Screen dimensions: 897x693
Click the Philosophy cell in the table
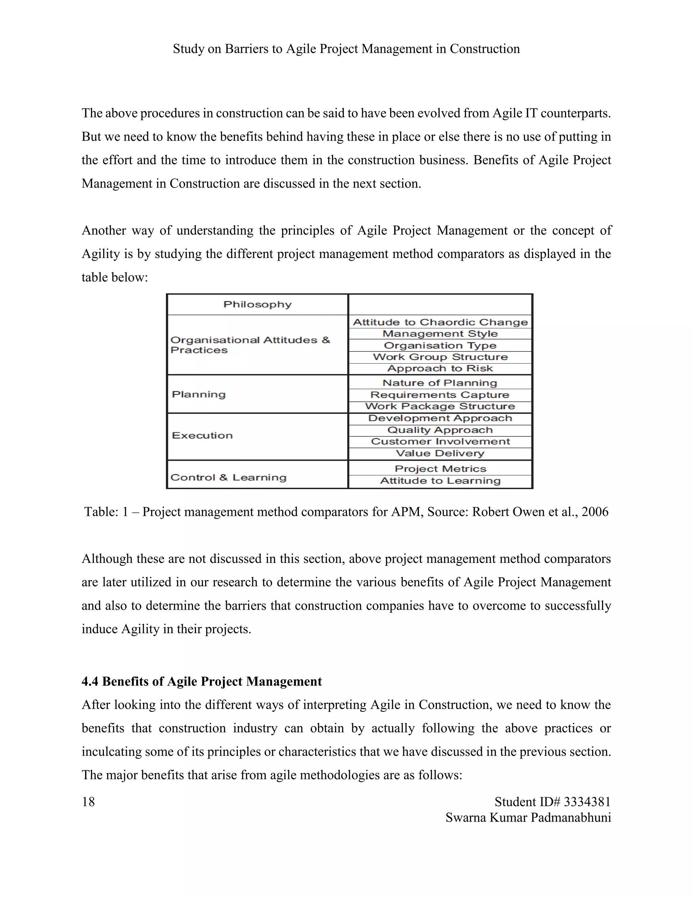coord(258,304)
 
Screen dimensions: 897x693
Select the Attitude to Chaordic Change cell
coord(440,322)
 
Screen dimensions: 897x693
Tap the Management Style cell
coord(440,333)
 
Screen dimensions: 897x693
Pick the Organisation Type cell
coord(440,345)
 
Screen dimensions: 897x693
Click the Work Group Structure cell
coord(440,357)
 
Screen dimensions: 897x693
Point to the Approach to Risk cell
coord(440,368)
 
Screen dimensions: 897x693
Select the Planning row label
coord(199,394)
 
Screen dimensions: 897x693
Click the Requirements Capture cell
coord(440,395)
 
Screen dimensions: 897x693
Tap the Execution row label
coord(202,435)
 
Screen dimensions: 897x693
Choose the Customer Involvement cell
coord(440,441)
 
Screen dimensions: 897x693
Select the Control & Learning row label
coord(228,477)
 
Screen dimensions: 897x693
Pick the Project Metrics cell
coord(440,468)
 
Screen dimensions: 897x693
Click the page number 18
coord(88,802)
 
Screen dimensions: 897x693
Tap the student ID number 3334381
coord(587,802)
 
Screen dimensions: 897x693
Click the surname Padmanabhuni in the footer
coord(571,817)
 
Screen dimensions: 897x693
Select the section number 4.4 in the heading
coord(90,681)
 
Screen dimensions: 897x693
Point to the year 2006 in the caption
coord(595,512)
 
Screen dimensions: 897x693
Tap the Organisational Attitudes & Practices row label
coord(250,345)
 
